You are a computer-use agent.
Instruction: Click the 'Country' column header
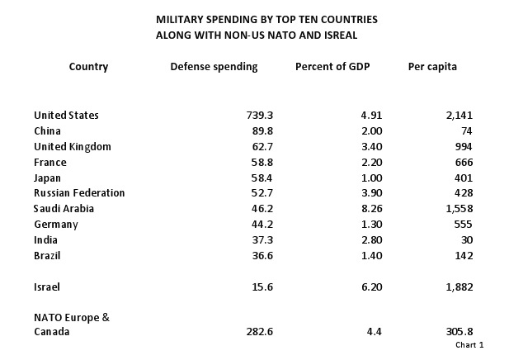(88, 67)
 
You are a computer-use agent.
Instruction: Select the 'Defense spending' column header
(214, 67)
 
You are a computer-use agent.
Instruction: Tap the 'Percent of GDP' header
(332, 67)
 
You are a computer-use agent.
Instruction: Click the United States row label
(66, 116)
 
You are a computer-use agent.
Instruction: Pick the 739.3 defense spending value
(257, 116)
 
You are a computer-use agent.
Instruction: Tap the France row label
(50, 163)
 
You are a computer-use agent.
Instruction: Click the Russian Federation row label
(79, 193)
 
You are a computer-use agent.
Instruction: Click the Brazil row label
(47, 256)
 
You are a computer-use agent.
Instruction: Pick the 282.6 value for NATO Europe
(257, 332)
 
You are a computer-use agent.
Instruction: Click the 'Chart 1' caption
(469, 345)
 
